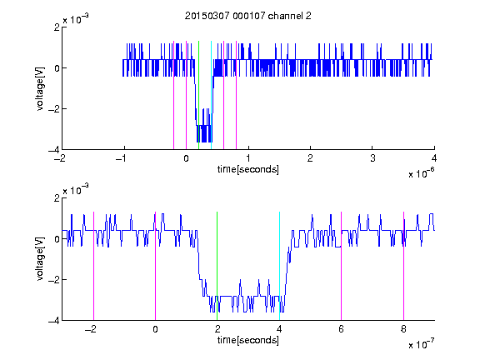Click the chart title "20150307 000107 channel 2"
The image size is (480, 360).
point(248,16)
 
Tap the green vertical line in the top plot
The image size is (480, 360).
point(198,95)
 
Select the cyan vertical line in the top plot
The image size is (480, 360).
point(211,95)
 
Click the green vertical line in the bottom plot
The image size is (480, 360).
point(217,266)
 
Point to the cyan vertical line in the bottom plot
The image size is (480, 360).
point(279,266)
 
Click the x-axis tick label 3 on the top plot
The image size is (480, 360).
point(372,158)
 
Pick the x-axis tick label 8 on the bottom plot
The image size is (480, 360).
point(403,329)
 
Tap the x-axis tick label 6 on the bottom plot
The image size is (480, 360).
point(342,329)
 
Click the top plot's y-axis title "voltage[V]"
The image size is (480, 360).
point(40,89)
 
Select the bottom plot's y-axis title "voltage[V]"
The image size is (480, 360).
point(40,259)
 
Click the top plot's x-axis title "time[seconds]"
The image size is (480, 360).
point(248,169)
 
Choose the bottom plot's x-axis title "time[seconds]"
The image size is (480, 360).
point(248,340)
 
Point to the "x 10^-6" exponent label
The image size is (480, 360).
point(421,172)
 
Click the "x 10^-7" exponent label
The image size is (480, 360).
point(421,343)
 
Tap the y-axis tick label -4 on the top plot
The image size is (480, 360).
point(54,150)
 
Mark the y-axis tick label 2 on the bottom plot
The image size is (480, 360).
point(57,197)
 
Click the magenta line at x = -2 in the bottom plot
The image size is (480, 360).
point(93,266)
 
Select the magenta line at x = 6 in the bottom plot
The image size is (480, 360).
point(342,266)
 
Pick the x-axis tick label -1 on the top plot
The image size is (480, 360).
point(122,158)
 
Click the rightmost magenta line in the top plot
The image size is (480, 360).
point(236,95)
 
